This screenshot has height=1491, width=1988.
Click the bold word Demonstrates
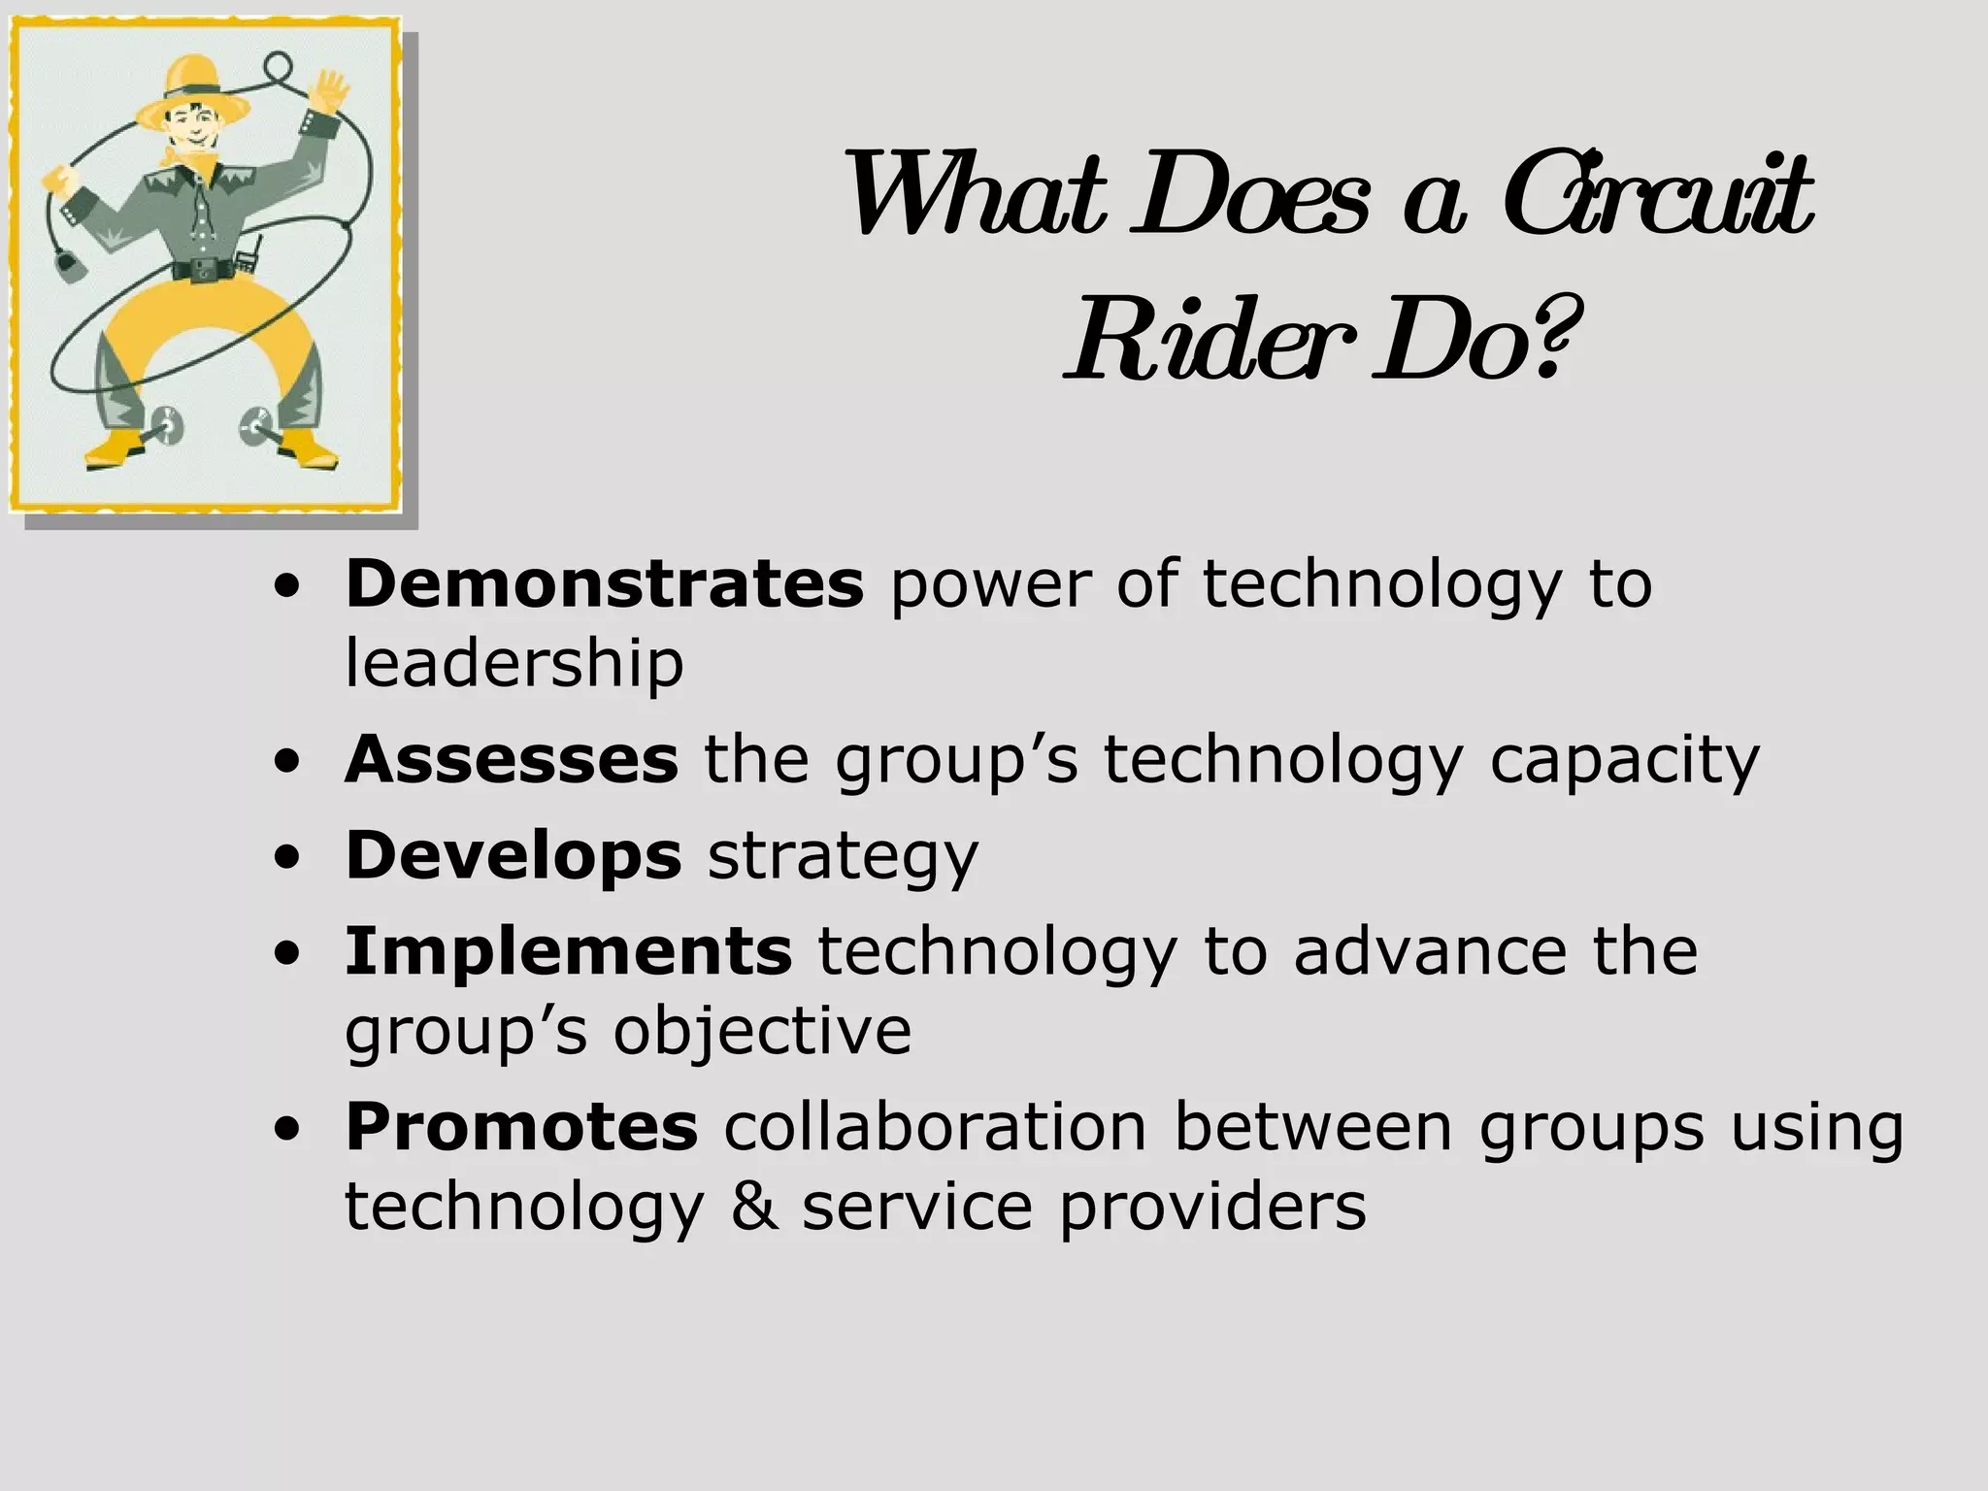tap(604, 583)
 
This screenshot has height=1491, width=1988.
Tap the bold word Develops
tap(514, 855)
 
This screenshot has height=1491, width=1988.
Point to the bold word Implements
tap(569, 951)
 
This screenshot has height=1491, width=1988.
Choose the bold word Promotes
tap(521, 1127)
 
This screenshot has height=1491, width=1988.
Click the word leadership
tap(514, 663)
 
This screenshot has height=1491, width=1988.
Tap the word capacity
tap(1624, 761)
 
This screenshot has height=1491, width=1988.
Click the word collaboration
tap(935, 1127)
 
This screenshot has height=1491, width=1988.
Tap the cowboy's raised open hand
tap(331, 91)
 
